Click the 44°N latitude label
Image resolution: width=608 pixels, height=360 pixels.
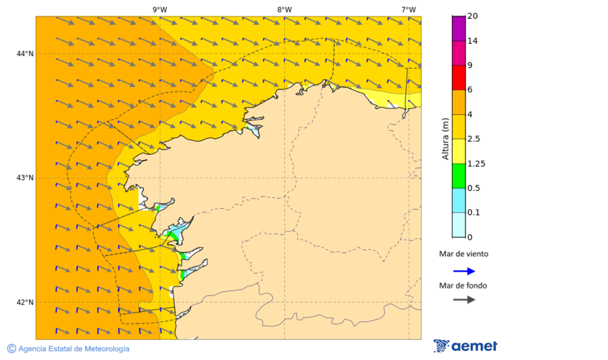point(25,53)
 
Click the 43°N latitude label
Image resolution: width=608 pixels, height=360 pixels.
point(25,178)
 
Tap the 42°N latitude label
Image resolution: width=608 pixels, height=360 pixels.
point(25,302)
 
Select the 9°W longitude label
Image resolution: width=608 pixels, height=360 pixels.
point(159,9)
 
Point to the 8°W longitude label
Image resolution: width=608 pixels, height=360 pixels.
point(284,9)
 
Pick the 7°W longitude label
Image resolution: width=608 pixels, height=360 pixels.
point(408,9)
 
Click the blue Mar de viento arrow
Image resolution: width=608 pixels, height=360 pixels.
point(464,271)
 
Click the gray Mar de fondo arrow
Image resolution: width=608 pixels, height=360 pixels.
point(464,299)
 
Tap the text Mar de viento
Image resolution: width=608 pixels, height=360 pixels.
point(463,254)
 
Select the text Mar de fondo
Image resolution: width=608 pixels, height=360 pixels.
point(463,285)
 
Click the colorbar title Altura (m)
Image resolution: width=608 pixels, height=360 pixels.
point(445,138)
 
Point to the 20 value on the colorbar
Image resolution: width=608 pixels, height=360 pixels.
point(473,16)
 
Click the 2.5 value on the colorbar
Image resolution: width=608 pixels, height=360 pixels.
point(475,138)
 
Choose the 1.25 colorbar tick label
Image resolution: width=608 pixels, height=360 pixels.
point(477,163)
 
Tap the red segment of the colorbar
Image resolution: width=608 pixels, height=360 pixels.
point(458,77)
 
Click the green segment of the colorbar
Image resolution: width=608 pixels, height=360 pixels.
point(458,176)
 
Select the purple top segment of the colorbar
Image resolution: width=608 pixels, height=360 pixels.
point(458,28)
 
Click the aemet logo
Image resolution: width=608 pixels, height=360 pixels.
point(465,346)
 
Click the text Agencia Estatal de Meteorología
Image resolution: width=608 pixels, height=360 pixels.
point(74,349)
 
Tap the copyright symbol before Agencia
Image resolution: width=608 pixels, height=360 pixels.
point(11,349)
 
